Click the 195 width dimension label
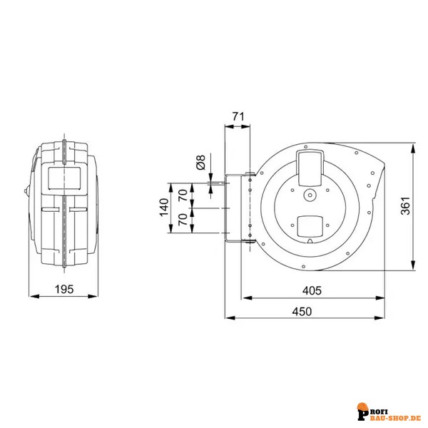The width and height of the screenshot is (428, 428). pyautogui.click(x=64, y=289)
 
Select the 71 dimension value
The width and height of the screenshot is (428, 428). pyautogui.click(x=238, y=116)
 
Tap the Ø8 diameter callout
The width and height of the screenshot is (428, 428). pyautogui.click(x=200, y=162)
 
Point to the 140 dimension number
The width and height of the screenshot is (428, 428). pyautogui.click(x=164, y=208)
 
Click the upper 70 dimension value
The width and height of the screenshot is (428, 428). pyautogui.click(x=183, y=195)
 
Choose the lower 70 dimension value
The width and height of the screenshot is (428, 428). pyautogui.click(x=183, y=220)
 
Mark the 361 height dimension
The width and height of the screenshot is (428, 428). pyautogui.click(x=405, y=206)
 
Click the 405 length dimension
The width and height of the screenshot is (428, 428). pyautogui.click(x=312, y=290)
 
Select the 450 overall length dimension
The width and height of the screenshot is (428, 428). pyautogui.click(x=302, y=312)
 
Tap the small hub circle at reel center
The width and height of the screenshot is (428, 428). pyautogui.click(x=310, y=195)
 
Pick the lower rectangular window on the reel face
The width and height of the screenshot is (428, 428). pyautogui.click(x=310, y=225)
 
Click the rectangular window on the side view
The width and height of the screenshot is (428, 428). pyautogui.click(x=64, y=178)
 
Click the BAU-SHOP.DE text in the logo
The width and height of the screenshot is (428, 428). pyautogui.click(x=401, y=418)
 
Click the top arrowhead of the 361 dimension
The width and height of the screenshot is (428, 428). pyautogui.click(x=413, y=149)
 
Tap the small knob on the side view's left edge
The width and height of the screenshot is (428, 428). pyautogui.click(x=26, y=190)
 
